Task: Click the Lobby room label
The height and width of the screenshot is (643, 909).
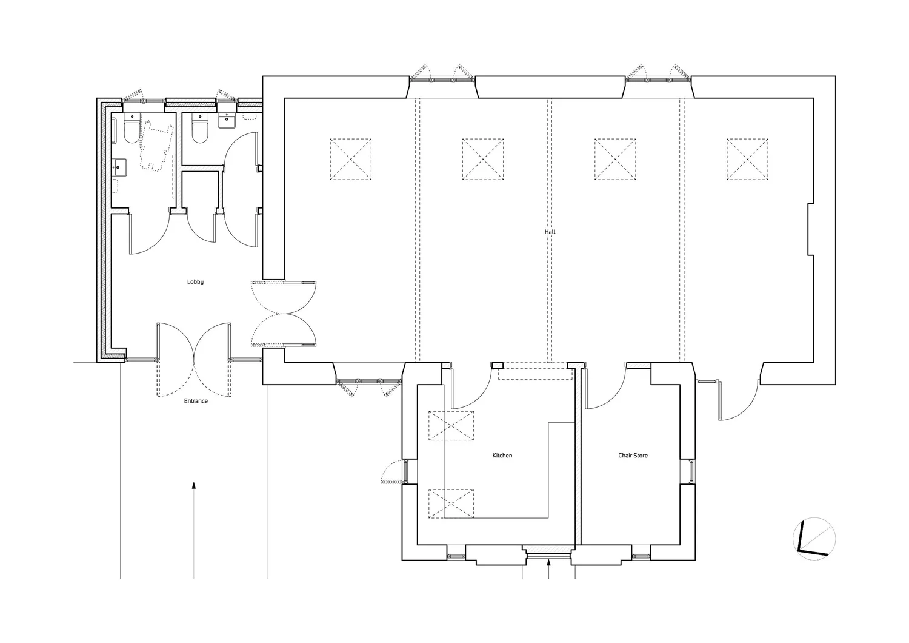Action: click(195, 282)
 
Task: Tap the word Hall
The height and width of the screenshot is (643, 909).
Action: click(550, 232)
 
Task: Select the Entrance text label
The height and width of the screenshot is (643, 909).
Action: click(196, 401)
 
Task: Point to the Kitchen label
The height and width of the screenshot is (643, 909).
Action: click(502, 456)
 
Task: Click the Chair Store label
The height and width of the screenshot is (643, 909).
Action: click(633, 456)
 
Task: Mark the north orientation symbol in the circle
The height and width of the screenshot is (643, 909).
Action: click(814, 539)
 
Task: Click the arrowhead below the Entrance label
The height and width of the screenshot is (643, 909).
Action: click(194, 485)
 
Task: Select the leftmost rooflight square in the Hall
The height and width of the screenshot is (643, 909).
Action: click(350, 160)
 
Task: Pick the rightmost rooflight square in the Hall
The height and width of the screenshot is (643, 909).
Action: click(747, 160)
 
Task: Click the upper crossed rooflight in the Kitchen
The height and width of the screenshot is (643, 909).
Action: click(451, 425)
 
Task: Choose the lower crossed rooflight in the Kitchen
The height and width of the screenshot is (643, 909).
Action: click(451, 503)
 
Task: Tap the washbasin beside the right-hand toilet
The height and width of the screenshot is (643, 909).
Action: click(227, 121)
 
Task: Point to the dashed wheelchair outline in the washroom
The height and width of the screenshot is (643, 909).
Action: click(156, 146)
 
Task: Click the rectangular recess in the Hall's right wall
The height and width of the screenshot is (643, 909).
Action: click(810, 230)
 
